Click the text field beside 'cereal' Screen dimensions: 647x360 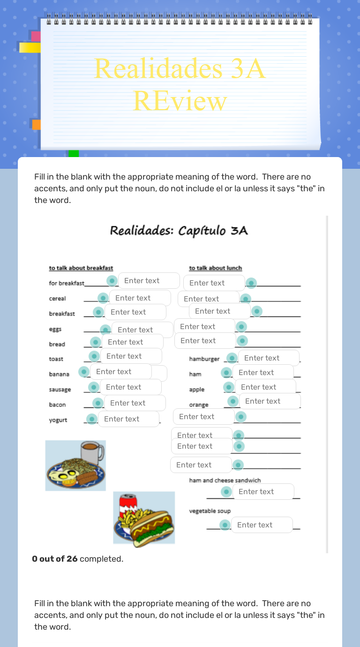(x=140, y=298)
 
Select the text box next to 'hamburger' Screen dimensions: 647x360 (x=268, y=358)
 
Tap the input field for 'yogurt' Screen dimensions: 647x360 (x=128, y=419)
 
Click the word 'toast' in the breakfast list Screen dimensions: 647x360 (x=56, y=359)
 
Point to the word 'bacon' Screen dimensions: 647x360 (x=57, y=405)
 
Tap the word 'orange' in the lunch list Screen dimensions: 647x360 (x=199, y=405)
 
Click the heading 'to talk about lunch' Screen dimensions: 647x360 (x=216, y=268)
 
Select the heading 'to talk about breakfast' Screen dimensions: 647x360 (x=81, y=268)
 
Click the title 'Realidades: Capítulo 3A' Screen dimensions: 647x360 (x=179, y=231)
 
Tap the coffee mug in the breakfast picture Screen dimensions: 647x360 (x=92, y=452)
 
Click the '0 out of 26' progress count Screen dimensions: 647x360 (x=55, y=559)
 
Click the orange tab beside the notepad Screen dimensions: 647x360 (x=36, y=124)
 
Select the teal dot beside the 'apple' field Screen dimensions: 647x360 (x=229, y=387)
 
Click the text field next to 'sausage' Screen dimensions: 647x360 (x=130, y=387)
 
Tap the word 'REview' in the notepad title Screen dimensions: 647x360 (x=180, y=100)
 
